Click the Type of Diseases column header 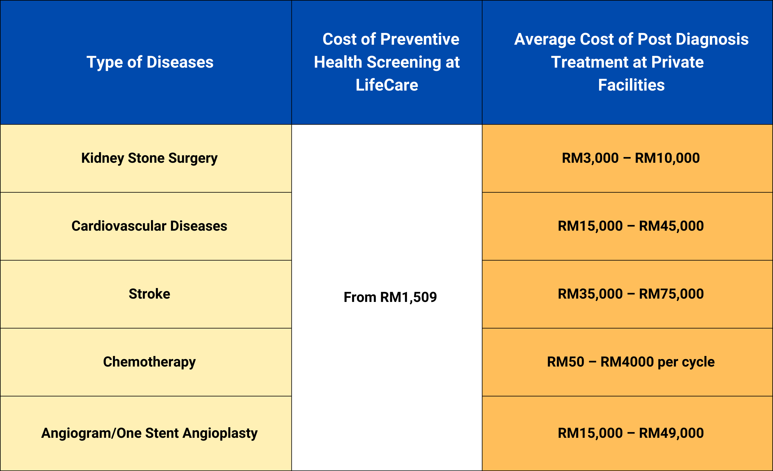coord(150,62)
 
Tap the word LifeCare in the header coord(386,85)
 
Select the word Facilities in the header coord(631,85)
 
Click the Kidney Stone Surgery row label coord(149,158)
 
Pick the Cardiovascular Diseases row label coord(149,226)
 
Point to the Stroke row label coord(149,294)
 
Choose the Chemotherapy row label coord(149,362)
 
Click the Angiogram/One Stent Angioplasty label coord(149,433)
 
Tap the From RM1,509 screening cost coord(390,297)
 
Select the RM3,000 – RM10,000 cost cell coord(630,158)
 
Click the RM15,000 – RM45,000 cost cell coord(630,226)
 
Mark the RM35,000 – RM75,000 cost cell coord(630,294)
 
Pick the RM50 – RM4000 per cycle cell coord(630,362)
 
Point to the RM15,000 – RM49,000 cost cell coord(630,433)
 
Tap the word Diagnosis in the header coord(712,39)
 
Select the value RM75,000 coord(671,294)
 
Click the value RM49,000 coord(671,433)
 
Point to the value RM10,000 coord(667,158)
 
